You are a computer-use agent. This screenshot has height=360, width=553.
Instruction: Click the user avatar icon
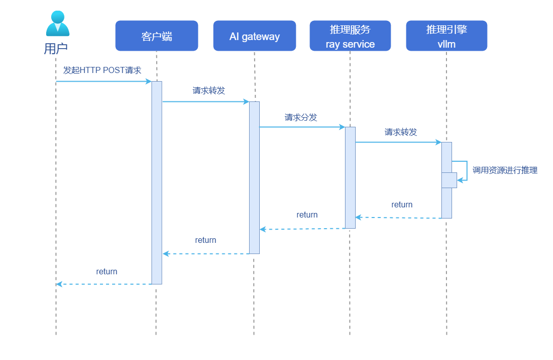[x=57, y=23]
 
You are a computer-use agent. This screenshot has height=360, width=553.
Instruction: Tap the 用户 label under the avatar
[x=56, y=49]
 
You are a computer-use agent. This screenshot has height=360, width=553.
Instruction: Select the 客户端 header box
[x=156, y=36]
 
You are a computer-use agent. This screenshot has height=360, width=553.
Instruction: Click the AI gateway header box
[x=254, y=36]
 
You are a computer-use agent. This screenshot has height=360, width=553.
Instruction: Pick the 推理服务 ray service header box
[x=350, y=36]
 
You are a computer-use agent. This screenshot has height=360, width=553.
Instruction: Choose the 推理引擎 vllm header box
[x=446, y=36]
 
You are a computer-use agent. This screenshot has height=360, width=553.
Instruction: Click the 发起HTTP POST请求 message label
[x=102, y=70]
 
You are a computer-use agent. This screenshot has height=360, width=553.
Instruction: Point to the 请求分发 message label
[x=301, y=117]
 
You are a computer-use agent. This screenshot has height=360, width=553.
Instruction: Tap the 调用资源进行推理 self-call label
[x=505, y=170]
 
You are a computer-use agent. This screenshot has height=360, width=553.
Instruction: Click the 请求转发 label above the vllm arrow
[x=401, y=132]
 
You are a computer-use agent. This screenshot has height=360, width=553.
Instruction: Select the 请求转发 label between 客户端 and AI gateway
[x=209, y=91]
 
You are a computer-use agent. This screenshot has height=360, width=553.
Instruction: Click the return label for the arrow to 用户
[x=107, y=271]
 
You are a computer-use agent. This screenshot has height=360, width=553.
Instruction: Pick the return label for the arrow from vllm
[x=402, y=204]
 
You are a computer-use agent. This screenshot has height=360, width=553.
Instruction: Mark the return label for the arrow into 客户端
[x=205, y=240]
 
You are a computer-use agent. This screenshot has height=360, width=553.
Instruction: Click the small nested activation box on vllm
[x=449, y=180]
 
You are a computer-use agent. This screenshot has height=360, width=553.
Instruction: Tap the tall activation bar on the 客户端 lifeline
[x=157, y=183]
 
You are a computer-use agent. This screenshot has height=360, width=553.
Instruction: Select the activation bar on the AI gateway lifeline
[x=254, y=177]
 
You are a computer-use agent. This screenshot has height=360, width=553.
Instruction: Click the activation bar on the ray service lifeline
[x=350, y=177]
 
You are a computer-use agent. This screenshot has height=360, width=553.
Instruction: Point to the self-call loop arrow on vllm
[x=463, y=170]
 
